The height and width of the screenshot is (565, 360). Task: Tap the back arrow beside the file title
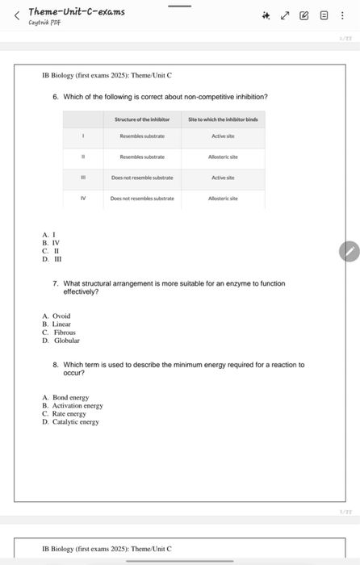[x=15, y=15]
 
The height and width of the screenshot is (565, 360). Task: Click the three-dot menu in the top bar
[x=343, y=15]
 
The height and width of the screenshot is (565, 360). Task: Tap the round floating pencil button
[x=349, y=252]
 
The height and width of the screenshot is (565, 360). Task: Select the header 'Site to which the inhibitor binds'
[x=223, y=119]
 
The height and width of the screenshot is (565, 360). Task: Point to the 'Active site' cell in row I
[x=223, y=137]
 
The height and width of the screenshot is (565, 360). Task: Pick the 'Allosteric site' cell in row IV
[x=223, y=198]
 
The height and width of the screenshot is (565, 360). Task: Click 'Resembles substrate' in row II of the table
[x=142, y=157]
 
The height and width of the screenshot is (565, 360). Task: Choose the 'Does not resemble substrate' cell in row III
[x=142, y=177]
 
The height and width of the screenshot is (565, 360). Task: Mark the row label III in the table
[x=84, y=177]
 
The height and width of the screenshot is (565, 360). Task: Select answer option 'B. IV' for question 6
[x=51, y=242]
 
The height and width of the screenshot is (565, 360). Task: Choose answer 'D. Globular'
[x=61, y=341]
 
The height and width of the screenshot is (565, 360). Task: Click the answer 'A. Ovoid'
[x=57, y=316]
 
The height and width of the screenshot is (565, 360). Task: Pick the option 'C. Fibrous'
[x=59, y=333]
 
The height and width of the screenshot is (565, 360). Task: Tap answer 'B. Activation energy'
[x=72, y=405]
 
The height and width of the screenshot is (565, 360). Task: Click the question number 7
[x=55, y=284]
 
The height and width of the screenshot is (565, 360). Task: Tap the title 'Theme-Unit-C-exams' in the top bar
[x=77, y=11]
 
